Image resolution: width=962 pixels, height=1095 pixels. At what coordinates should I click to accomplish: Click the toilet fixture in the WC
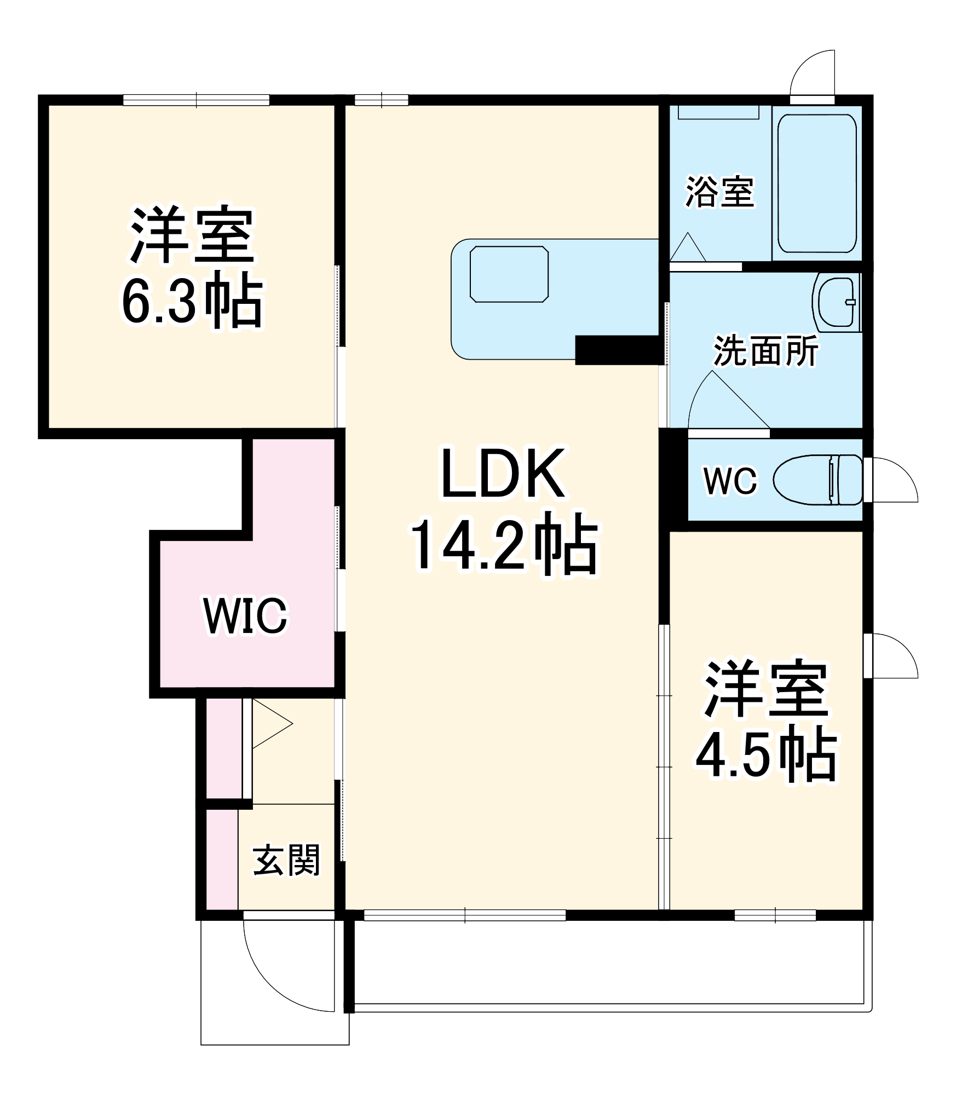pyautogui.click(x=817, y=480)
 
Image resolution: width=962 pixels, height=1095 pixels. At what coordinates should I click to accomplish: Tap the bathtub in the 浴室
pyautogui.click(x=817, y=183)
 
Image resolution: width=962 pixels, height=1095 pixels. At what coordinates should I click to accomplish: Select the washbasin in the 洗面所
pyautogui.click(x=836, y=302)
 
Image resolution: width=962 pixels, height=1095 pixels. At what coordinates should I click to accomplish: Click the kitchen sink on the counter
pyautogui.click(x=509, y=274)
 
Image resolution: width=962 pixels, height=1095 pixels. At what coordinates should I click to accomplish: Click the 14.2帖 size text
pyautogui.click(x=505, y=546)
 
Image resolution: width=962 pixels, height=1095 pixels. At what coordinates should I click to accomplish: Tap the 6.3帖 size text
pyautogui.click(x=192, y=301)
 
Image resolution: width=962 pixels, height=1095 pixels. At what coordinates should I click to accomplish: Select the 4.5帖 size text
pyautogui.click(x=766, y=754)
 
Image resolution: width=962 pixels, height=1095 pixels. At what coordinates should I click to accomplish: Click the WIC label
pyautogui.click(x=245, y=616)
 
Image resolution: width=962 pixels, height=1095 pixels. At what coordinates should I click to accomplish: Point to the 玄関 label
pyautogui.click(x=286, y=861)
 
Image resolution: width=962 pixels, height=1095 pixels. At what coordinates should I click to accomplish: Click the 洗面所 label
pyautogui.click(x=765, y=350)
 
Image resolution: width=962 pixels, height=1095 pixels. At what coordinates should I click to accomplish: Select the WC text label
pyautogui.click(x=730, y=481)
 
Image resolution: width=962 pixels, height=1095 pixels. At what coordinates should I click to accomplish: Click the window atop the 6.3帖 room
pyautogui.click(x=196, y=100)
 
